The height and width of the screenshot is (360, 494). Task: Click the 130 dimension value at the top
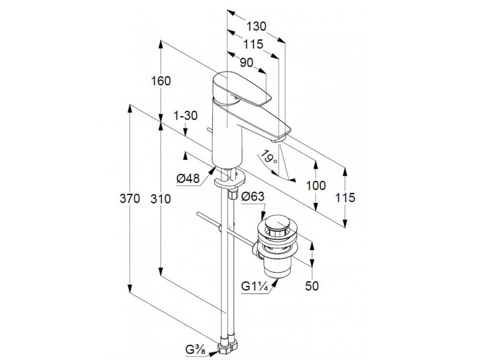(x=256, y=26)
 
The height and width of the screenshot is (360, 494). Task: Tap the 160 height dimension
(x=161, y=81)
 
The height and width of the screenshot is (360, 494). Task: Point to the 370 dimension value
(x=130, y=199)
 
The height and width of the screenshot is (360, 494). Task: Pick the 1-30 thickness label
(x=185, y=116)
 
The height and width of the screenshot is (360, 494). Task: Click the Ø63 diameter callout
(x=253, y=197)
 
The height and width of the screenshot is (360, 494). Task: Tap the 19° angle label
(x=270, y=157)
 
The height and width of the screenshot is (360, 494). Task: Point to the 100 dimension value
(x=317, y=185)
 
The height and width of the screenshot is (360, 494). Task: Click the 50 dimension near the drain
(x=311, y=286)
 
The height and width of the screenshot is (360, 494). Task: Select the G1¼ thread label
(x=254, y=286)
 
